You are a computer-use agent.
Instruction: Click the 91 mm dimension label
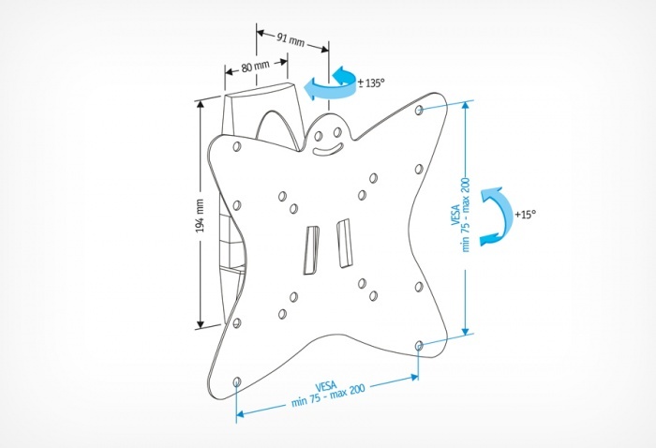click(291, 38)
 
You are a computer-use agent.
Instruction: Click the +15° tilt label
click(525, 215)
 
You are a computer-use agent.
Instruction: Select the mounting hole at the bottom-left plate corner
click(235, 381)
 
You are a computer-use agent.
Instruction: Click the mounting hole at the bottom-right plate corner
click(417, 347)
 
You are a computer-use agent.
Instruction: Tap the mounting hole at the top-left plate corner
click(235, 147)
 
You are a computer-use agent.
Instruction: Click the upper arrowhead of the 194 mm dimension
click(200, 105)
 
